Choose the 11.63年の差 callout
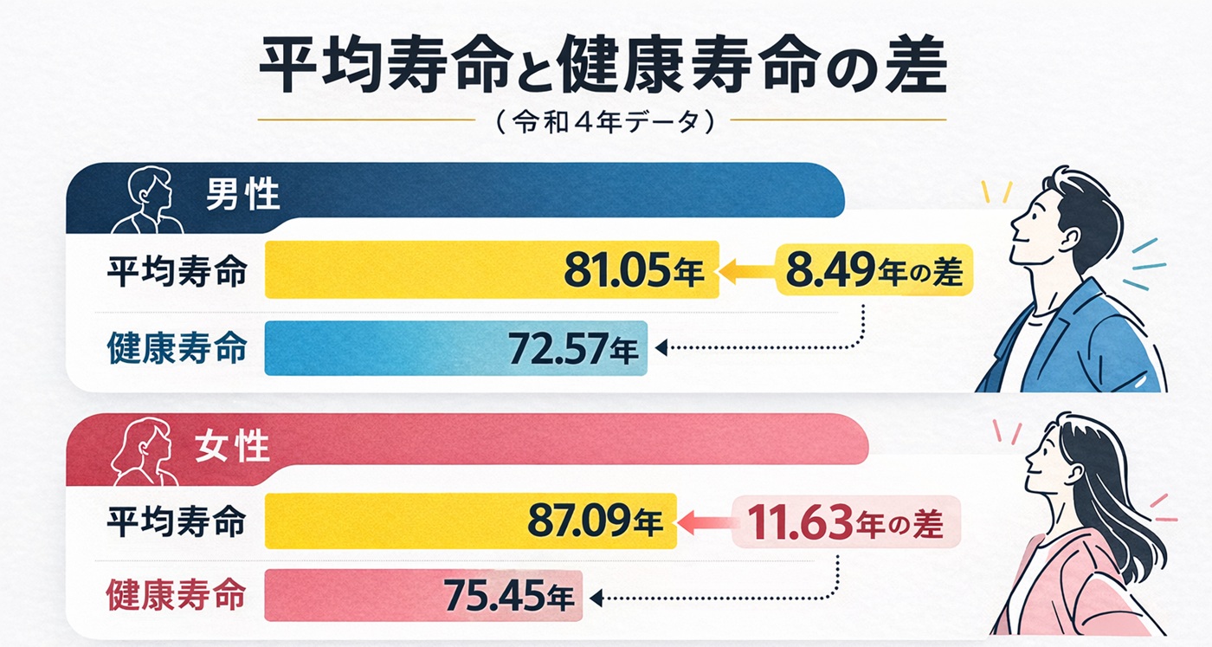point(846,522)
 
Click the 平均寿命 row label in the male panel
point(177,271)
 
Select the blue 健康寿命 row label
point(177,349)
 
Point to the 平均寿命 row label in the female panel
point(177,522)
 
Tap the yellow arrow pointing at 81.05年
point(745,271)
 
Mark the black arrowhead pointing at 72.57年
point(661,349)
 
